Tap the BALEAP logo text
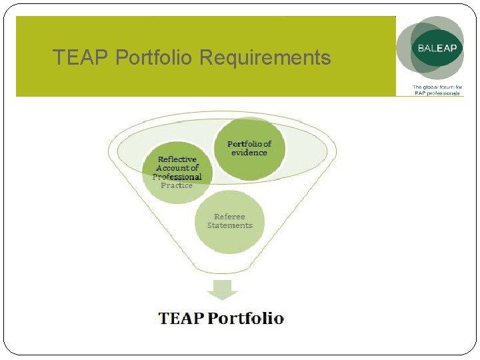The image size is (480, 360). (x=437, y=49)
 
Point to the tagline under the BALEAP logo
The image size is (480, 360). (x=437, y=90)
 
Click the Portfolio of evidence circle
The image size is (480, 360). (x=249, y=149)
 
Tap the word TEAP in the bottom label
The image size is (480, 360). (x=181, y=318)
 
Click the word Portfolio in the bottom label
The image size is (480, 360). (x=245, y=318)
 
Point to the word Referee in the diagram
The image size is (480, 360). (x=229, y=217)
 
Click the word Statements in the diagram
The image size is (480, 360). (x=229, y=225)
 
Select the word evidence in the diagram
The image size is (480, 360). (x=249, y=153)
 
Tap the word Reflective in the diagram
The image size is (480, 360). (x=177, y=159)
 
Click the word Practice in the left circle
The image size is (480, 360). (x=177, y=185)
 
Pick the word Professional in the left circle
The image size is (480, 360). (x=177, y=177)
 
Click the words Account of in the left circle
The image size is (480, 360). (x=177, y=168)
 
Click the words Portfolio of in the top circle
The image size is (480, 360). (x=249, y=144)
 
